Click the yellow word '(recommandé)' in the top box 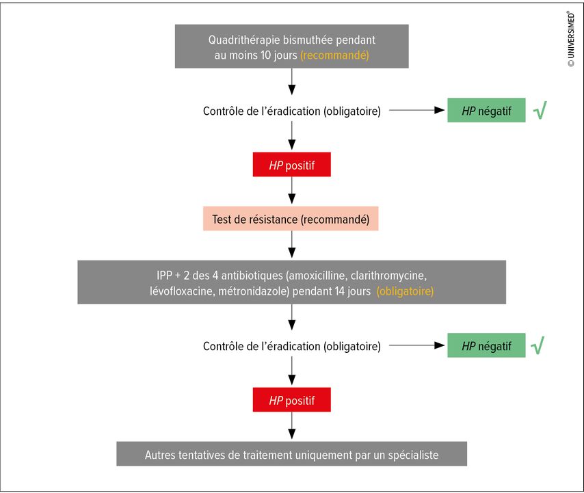334,55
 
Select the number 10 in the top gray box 265,55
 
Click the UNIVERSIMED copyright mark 571,39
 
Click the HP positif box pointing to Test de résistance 291,164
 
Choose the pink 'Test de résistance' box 291,219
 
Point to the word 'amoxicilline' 317,276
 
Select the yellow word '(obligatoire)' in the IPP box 405,291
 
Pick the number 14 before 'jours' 339,291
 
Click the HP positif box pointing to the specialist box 291,399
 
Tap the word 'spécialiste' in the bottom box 413,455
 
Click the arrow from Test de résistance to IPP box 292,245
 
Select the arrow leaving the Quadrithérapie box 292,81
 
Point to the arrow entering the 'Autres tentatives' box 292,425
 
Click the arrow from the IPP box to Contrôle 292,317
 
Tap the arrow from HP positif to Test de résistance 292,190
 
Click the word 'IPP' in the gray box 164,276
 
